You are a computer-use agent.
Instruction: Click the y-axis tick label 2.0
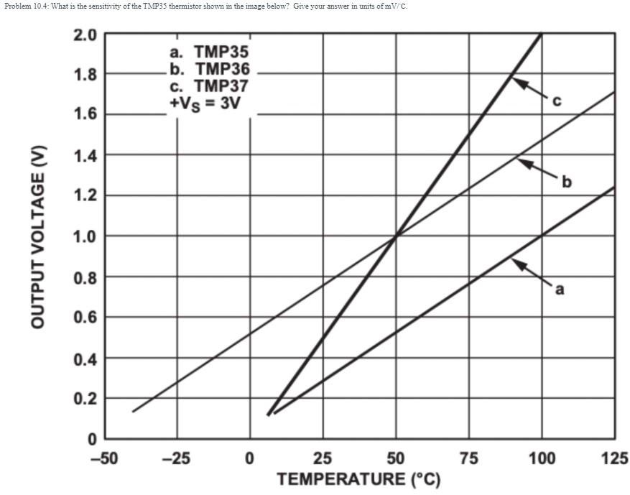(x=84, y=34)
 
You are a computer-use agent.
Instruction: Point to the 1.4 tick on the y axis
(x=84, y=155)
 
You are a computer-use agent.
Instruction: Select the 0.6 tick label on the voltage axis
(x=84, y=318)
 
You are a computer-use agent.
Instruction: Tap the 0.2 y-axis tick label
(x=84, y=399)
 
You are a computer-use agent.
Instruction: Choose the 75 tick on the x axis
(x=468, y=458)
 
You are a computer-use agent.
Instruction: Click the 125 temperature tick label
(x=614, y=458)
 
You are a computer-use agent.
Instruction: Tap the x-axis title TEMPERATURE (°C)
(x=358, y=478)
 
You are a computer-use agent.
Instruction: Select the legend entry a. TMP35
(x=209, y=52)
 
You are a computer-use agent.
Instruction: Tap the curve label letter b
(x=568, y=182)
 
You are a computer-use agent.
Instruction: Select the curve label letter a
(x=560, y=290)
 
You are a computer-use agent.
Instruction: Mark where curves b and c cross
(x=396, y=236)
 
